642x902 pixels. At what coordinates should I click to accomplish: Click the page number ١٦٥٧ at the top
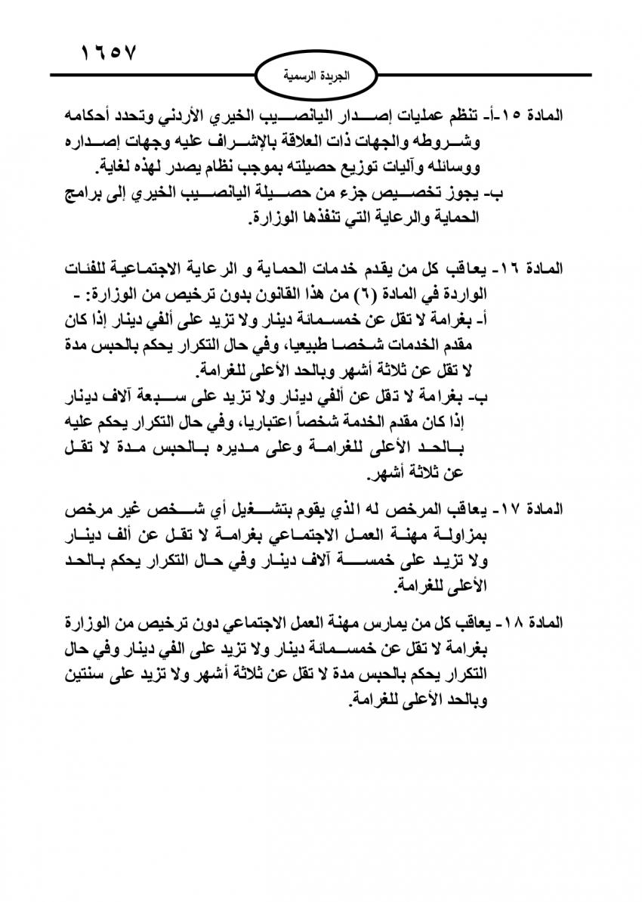[108, 54]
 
